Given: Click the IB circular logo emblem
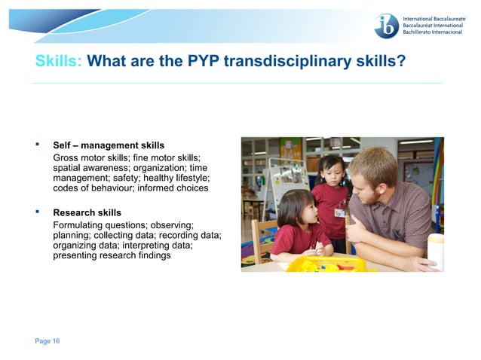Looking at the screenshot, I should pos(386,26).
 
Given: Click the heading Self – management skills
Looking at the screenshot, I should pos(109,145).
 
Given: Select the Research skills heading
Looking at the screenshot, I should pos(87,212).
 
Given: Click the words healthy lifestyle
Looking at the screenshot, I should pos(176,177).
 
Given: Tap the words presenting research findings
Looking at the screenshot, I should pos(112,256).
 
